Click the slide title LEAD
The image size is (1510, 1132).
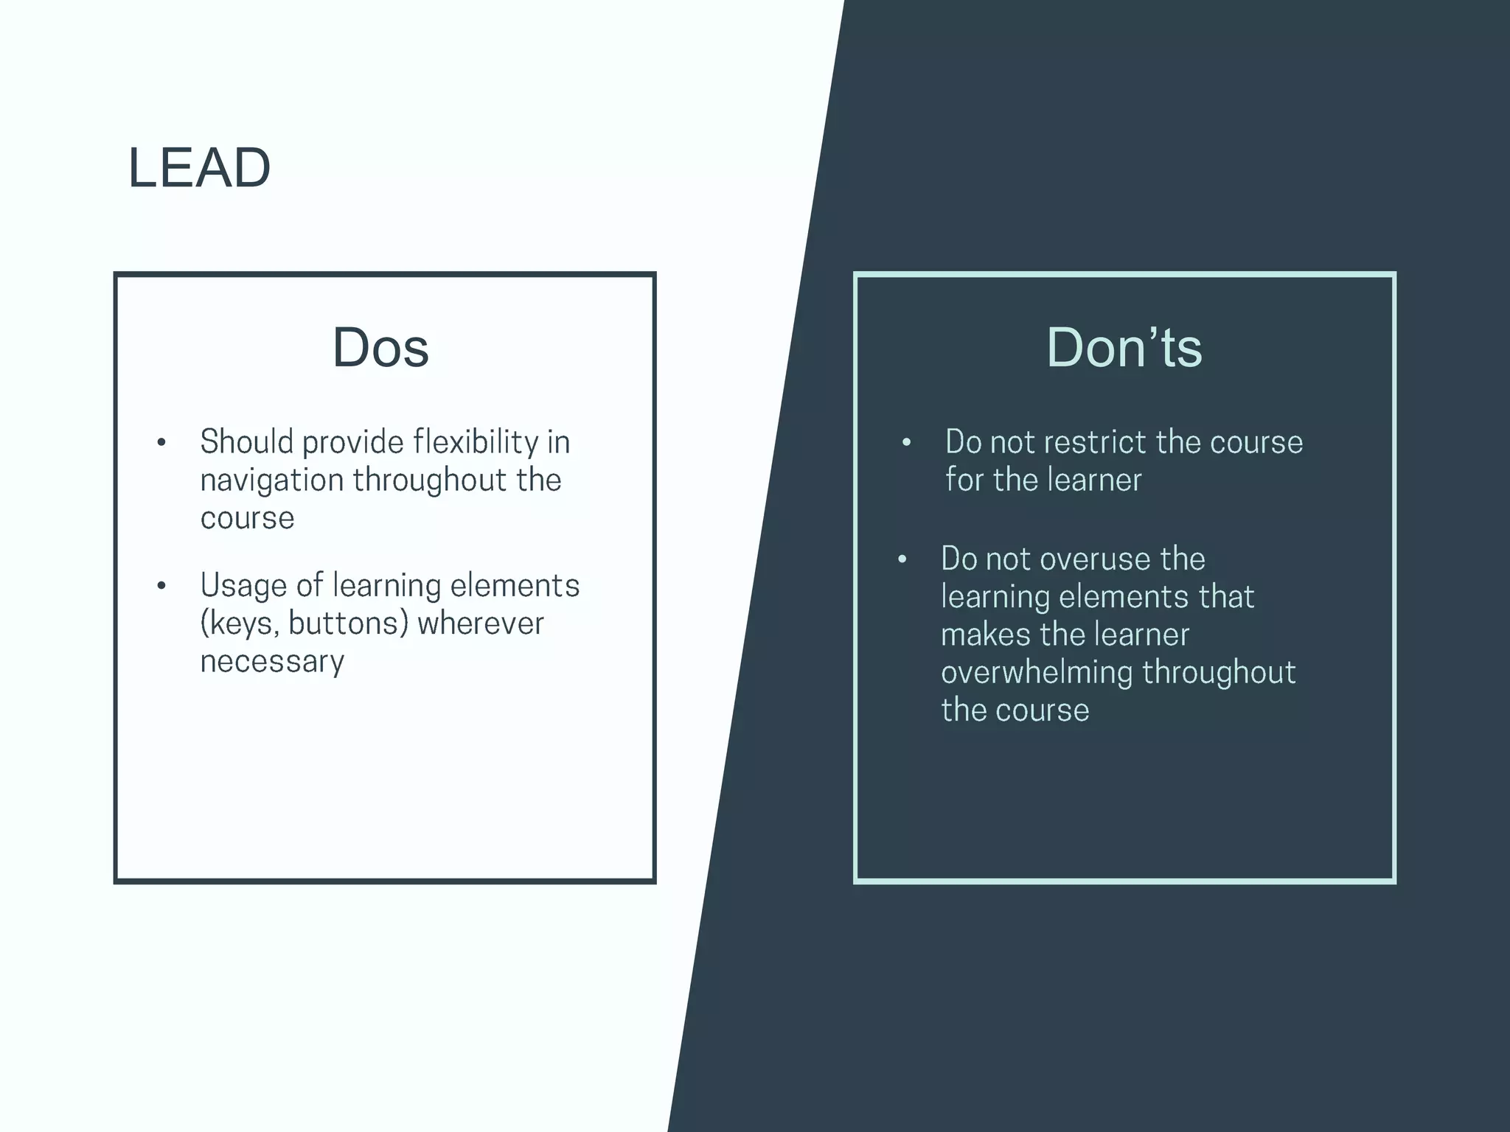(199, 168)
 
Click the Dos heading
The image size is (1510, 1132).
(380, 347)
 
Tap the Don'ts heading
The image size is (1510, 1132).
(1124, 347)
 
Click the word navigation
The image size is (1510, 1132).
(271, 481)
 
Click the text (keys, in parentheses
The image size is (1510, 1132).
(240, 624)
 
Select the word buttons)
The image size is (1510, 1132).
(348, 623)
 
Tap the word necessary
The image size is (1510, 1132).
(272, 662)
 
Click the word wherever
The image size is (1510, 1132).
(481, 623)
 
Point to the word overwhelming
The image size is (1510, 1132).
(1037, 673)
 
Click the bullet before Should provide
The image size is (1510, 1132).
(161, 443)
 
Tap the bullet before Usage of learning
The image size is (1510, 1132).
(161, 587)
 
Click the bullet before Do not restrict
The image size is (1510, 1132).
(906, 443)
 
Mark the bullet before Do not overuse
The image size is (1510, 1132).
(902, 560)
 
